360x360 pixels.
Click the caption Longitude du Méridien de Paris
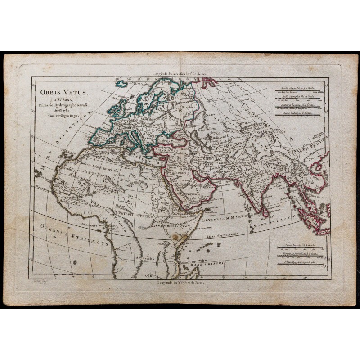(180, 283)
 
